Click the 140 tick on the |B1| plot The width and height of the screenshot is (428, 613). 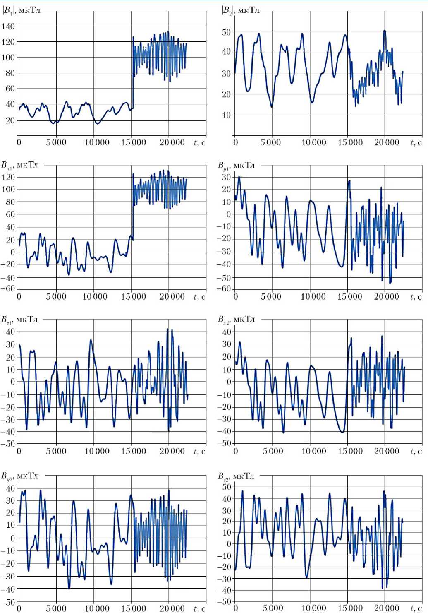coord(8,26)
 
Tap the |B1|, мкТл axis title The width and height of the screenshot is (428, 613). coord(22,10)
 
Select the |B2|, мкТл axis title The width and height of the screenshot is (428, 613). coord(241,10)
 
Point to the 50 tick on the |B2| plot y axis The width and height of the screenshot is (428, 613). coord(226,32)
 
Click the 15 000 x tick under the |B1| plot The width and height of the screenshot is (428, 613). coord(134,143)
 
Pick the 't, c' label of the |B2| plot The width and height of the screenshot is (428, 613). coord(416,143)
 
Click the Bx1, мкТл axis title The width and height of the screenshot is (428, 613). coord(19,165)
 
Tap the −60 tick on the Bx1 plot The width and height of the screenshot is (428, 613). coord(8,289)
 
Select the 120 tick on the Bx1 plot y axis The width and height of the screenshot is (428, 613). coord(8,177)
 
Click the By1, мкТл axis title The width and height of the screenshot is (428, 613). coord(236,165)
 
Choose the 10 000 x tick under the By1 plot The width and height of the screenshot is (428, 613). coord(313,297)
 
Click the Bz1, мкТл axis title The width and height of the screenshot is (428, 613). coord(19,319)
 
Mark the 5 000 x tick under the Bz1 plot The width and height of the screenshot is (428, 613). coord(56,451)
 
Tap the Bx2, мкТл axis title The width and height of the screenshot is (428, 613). coord(236,319)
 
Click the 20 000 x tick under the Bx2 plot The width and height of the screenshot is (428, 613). coord(387,451)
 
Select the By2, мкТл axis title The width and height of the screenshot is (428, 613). coord(19,476)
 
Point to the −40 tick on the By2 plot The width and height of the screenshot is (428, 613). coord(8,589)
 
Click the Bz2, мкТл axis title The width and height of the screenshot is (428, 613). coord(236,476)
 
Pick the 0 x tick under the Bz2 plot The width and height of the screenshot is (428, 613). coord(236,608)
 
